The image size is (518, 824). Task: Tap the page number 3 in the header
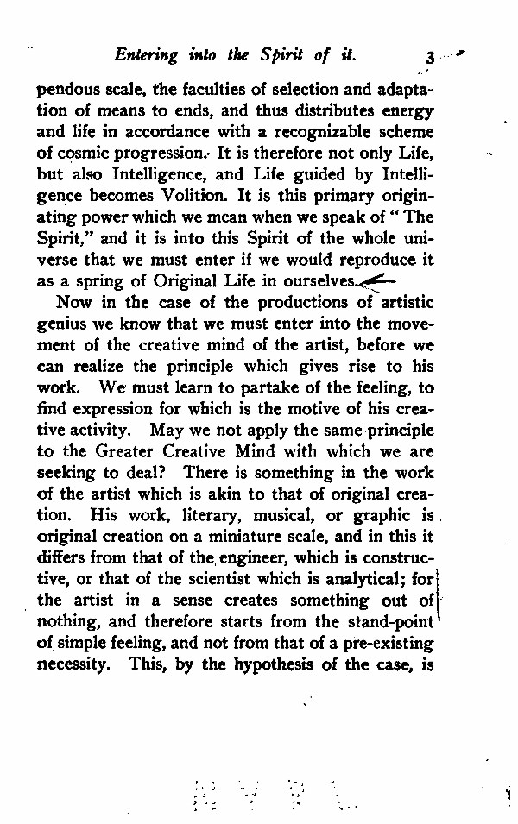429,58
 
